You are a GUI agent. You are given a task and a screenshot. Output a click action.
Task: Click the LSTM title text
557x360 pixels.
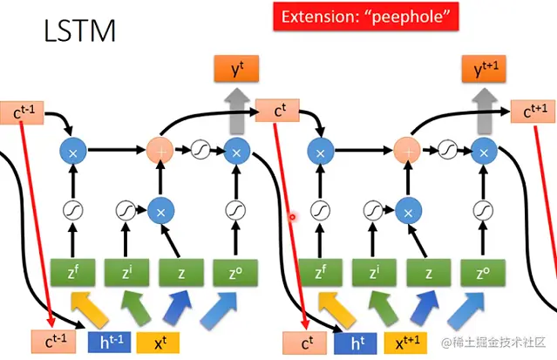coord(79,32)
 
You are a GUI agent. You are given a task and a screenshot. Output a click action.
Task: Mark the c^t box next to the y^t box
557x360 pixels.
coord(276,111)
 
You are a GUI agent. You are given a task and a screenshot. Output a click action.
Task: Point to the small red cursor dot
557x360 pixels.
coord(294,217)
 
